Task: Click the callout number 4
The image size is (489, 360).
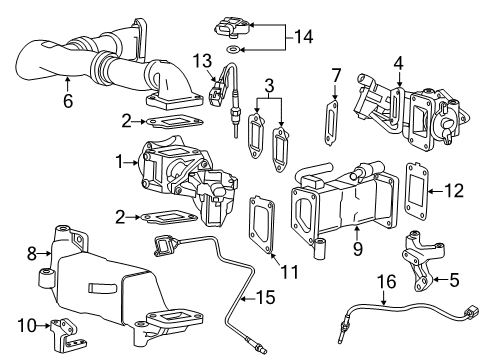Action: click(399, 62)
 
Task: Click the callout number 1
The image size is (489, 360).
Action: click(118, 161)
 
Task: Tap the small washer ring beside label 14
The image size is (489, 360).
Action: click(232, 47)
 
